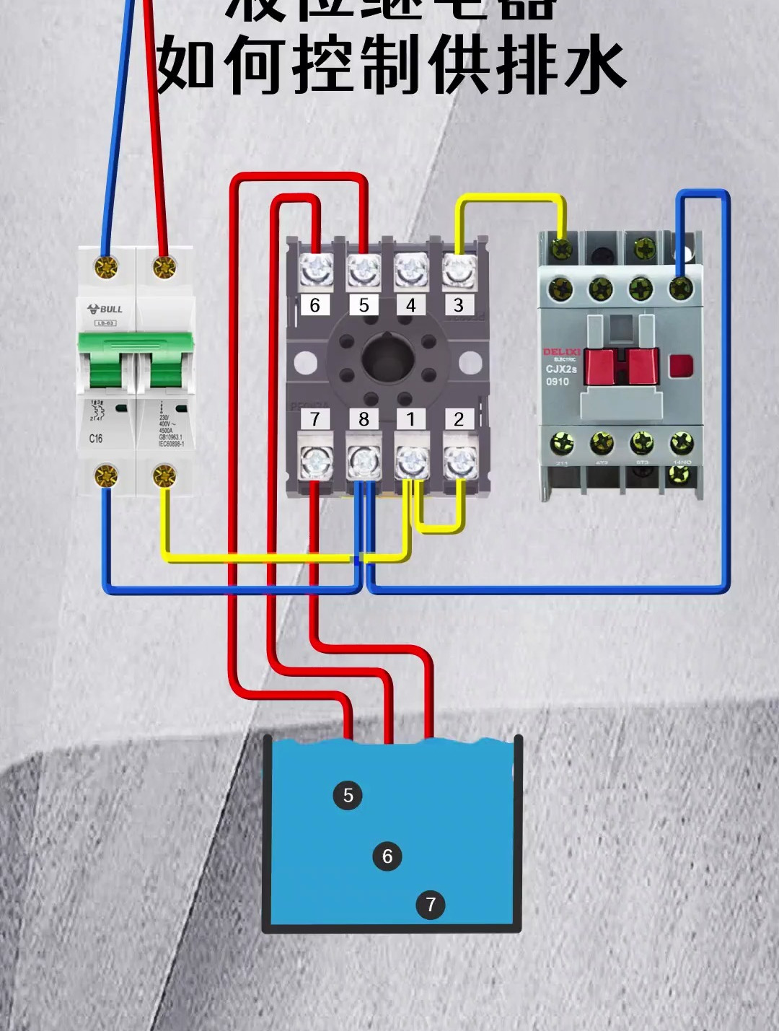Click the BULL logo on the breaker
point(105,309)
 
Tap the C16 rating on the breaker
point(96,438)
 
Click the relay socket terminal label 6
point(314,305)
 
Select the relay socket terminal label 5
point(364,305)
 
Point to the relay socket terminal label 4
point(411,305)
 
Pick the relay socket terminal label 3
point(458,305)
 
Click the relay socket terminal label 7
point(314,419)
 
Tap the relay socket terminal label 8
point(364,419)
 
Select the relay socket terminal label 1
point(411,419)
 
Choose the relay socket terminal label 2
point(459,419)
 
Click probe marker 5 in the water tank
point(348,795)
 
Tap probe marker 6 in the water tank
point(387,856)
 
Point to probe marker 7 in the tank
point(431,904)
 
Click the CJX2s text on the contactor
point(561,369)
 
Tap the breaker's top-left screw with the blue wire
point(107,268)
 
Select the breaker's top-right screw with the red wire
point(164,267)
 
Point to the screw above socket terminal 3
point(458,271)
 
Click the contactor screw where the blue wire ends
point(680,289)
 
